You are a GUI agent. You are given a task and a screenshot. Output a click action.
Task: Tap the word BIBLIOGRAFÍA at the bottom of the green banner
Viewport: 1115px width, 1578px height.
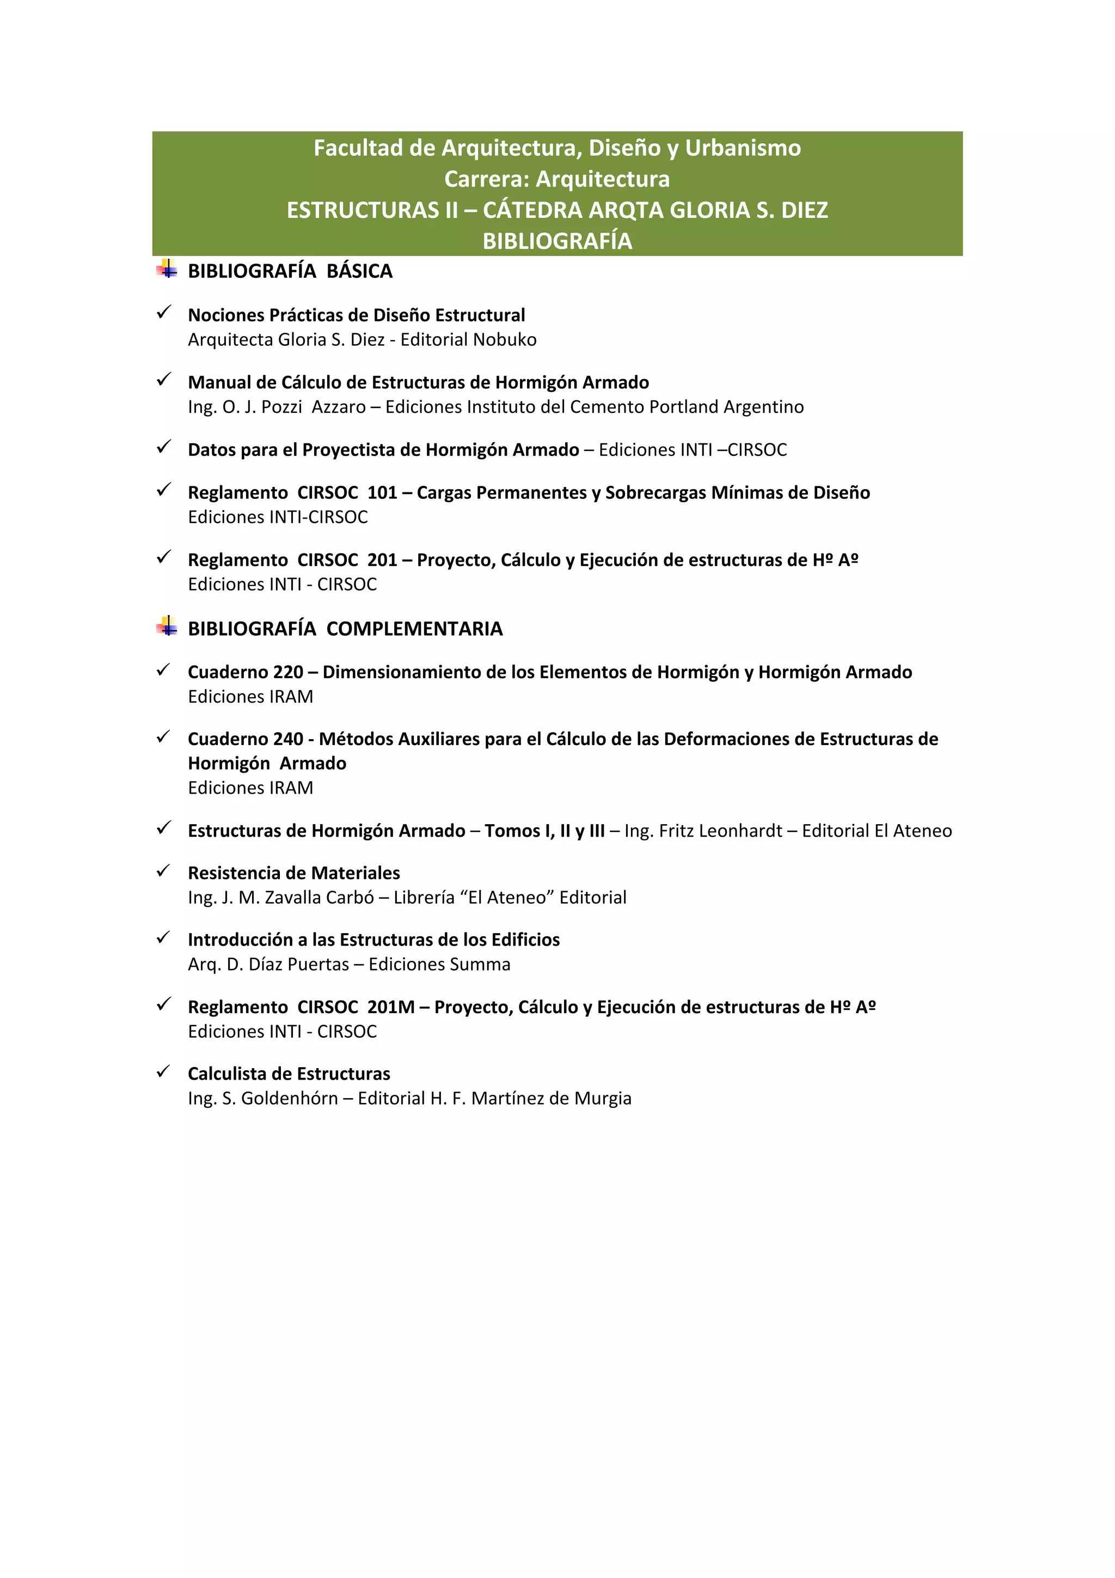(x=557, y=241)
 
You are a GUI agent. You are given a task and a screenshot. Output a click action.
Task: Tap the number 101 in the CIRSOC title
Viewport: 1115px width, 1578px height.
(x=382, y=493)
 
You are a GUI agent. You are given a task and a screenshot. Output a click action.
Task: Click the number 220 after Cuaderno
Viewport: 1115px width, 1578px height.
(x=288, y=672)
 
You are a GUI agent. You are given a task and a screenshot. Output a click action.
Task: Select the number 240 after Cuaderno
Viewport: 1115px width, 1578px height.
(x=288, y=739)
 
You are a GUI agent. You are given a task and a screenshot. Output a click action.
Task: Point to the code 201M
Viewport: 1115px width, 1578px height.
(x=391, y=1007)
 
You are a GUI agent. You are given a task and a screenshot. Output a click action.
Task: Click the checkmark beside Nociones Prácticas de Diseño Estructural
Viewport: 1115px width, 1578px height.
(x=163, y=313)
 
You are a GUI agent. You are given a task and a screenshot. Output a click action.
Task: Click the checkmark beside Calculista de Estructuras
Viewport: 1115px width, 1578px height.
(x=163, y=1071)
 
